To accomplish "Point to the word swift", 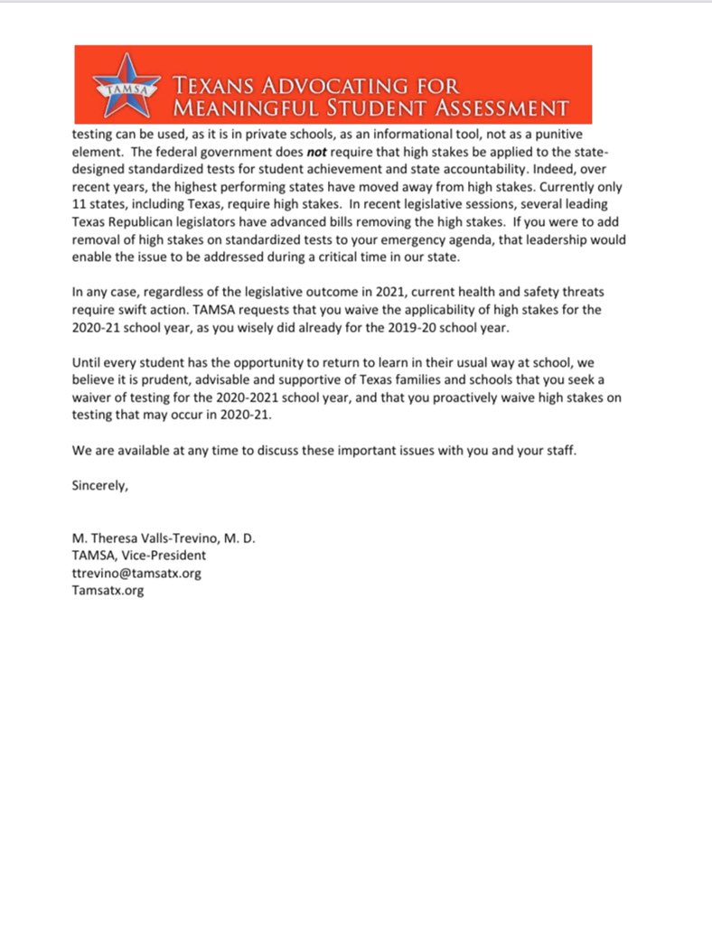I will click(123, 309).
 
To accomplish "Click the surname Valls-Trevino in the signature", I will click(176, 538).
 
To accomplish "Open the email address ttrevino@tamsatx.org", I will click(136, 573).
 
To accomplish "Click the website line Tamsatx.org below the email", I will click(108, 590).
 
